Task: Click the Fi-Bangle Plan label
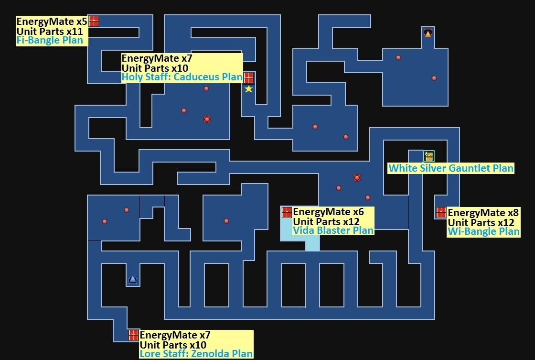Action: pos(50,40)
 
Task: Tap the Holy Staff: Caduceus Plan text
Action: pos(182,77)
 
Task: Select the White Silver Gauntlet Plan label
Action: pos(450,168)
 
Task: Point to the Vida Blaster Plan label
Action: pos(333,230)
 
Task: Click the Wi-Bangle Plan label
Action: pos(483,232)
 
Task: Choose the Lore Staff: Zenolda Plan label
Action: pos(196,354)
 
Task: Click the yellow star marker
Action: pos(248,89)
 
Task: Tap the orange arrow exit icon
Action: pos(428,33)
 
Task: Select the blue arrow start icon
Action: pos(133,279)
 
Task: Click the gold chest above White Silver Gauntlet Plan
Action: pos(429,156)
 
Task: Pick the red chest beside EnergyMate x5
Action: pos(94,21)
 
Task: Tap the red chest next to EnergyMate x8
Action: pos(441,212)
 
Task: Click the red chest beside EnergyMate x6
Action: pos(287,212)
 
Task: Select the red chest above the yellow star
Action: pos(248,78)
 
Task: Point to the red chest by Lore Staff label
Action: pos(133,335)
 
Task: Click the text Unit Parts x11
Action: pos(50,32)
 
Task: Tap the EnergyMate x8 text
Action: pos(483,212)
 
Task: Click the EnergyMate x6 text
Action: pos(328,212)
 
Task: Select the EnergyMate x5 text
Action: pos(52,22)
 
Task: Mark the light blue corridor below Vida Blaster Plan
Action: pos(312,244)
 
